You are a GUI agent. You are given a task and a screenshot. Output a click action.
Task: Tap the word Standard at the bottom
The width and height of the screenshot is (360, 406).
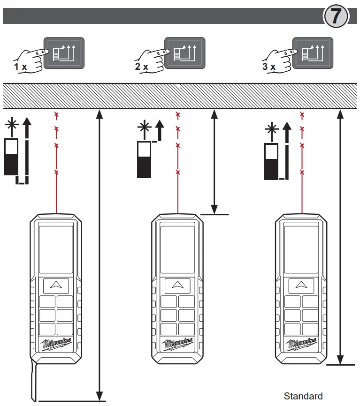[303, 396]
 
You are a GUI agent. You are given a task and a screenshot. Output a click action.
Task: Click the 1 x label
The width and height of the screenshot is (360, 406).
[21, 67]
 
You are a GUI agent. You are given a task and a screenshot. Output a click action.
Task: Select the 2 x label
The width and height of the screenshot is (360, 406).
[142, 67]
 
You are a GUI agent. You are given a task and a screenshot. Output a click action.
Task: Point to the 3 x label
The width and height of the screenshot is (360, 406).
[269, 67]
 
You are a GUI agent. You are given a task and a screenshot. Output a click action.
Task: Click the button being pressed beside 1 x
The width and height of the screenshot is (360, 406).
[63, 53]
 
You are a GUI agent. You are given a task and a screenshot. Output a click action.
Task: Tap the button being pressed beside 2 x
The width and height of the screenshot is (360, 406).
[184, 53]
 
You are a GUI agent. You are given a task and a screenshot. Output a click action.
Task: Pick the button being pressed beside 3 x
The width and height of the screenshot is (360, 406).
[312, 53]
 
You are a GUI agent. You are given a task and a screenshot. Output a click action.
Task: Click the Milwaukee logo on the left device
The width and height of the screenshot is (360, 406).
[56, 345]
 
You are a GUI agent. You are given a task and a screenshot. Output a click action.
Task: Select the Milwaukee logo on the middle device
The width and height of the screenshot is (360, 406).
[177, 345]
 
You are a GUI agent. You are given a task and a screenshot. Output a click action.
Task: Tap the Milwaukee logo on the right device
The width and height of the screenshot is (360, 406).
[301, 345]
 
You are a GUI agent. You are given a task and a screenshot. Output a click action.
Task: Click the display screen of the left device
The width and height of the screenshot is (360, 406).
[56, 249]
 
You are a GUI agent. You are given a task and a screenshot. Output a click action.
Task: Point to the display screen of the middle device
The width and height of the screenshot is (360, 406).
[177, 249]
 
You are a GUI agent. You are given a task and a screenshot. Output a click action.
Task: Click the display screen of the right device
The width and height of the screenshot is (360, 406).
[301, 249]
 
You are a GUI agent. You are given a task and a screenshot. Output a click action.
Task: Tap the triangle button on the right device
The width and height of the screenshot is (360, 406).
[301, 285]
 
